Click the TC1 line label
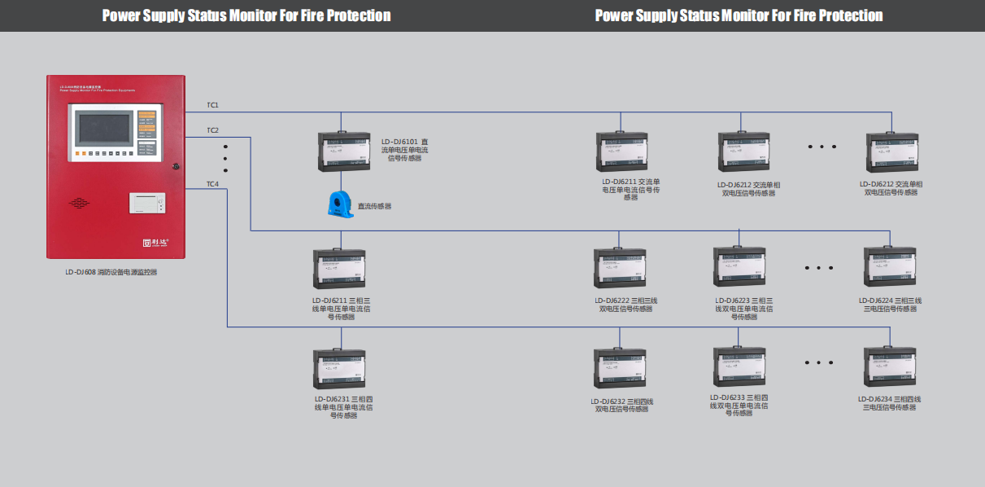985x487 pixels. tap(212, 105)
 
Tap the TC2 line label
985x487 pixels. tap(212, 130)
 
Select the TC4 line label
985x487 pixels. tap(212, 183)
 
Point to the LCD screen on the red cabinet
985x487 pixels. tap(103, 129)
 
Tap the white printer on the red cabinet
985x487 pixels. tap(147, 202)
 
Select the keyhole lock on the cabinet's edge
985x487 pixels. tap(176, 167)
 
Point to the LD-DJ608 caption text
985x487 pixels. tap(111, 272)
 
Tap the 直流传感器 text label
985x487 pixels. tap(375, 206)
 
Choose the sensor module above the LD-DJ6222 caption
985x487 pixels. tap(622, 266)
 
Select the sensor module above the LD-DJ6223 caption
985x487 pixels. tap(739, 265)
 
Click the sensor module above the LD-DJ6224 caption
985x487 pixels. tap(889, 265)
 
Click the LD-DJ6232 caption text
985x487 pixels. tap(622, 406)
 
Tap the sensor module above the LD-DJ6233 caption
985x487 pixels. tap(739, 366)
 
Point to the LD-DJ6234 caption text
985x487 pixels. tap(889, 403)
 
